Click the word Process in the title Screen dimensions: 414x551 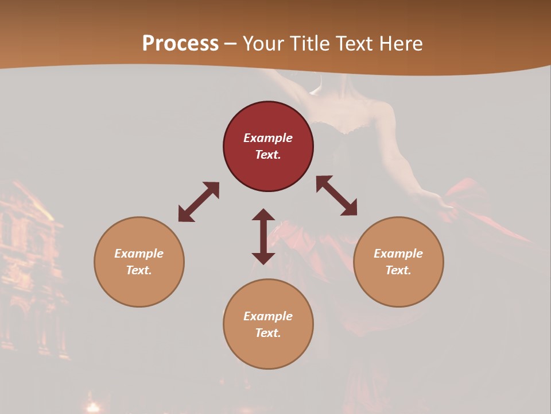[x=180, y=44]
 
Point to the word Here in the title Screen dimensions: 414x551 [x=401, y=44]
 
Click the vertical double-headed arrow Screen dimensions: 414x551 [x=263, y=236]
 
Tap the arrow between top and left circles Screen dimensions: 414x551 [x=199, y=202]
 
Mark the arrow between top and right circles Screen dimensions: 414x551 [x=336, y=195]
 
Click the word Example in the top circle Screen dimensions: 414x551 [x=268, y=138]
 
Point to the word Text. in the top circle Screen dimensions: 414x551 [x=268, y=155]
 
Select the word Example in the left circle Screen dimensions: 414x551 [x=139, y=254]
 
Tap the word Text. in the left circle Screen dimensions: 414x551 [x=139, y=270]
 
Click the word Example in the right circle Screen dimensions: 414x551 [x=398, y=254]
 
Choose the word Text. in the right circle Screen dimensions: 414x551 [x=398, y=270]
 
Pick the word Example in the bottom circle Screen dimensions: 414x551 [x=268, y=316]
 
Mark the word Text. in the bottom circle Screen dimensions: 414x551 [x=268, y=333]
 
